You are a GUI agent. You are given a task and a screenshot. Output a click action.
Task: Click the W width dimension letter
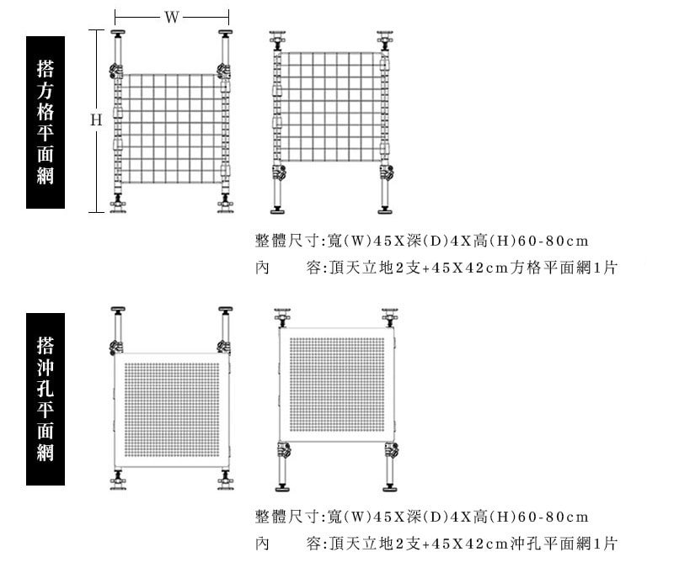tap(172, 17)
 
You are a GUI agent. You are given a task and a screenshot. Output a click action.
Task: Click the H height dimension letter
tap(96, 119)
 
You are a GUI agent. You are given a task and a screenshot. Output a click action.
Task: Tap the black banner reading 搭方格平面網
tap(45, 122)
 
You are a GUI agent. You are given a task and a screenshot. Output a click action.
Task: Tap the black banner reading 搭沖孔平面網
tap(45, 399)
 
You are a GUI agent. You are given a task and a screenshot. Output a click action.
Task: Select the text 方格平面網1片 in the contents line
tap(564, 268)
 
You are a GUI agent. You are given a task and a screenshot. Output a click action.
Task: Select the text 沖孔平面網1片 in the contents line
tap(564, 544)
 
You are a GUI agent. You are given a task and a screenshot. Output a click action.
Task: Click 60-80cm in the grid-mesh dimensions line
tap(553, 241)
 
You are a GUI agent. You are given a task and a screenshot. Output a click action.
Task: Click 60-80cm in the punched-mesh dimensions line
tap(553, 517)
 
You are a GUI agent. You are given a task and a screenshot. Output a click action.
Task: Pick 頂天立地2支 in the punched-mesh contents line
tap(375, 544)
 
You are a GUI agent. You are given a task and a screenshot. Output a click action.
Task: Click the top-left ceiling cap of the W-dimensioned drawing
tap(117, 33)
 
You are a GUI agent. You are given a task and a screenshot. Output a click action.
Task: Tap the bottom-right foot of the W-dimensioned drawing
tap(225, 210)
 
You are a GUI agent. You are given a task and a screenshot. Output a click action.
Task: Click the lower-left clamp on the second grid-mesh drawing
tap(278, 173)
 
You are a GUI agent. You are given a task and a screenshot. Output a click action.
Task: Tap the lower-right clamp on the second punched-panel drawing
tap(391, 450)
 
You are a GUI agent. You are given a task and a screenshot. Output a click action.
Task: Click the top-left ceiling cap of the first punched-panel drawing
tap(117, 310)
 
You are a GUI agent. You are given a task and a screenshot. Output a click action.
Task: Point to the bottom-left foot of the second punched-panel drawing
tap(282, 488)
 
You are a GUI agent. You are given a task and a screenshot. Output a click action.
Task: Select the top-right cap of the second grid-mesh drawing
tap(385, 34)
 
